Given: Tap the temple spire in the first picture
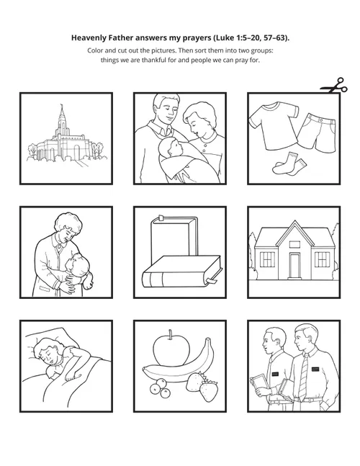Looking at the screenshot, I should (63, 116).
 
